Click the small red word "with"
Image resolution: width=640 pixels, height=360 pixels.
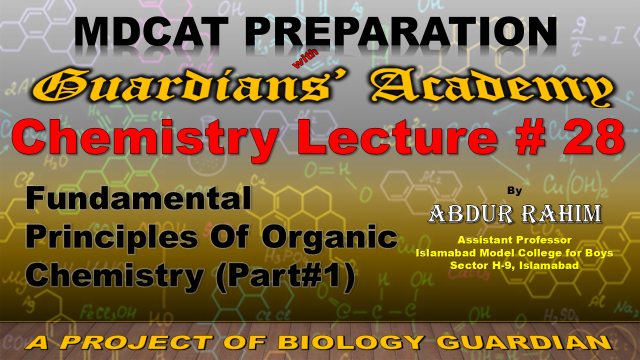305,58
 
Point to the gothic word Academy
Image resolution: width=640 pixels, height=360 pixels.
492,87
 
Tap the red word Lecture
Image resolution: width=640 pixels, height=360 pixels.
397,137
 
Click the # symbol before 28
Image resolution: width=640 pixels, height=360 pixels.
530,137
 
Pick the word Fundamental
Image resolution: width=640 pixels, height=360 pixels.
138,198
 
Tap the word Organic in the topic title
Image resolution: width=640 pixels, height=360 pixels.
330,238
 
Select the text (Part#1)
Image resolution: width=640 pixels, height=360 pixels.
285,277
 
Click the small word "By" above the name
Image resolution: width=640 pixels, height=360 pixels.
514,191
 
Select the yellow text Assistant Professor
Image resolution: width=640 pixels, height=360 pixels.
514,240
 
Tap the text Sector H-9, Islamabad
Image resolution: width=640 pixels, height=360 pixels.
514,265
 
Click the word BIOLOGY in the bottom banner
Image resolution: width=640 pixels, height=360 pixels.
350,342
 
